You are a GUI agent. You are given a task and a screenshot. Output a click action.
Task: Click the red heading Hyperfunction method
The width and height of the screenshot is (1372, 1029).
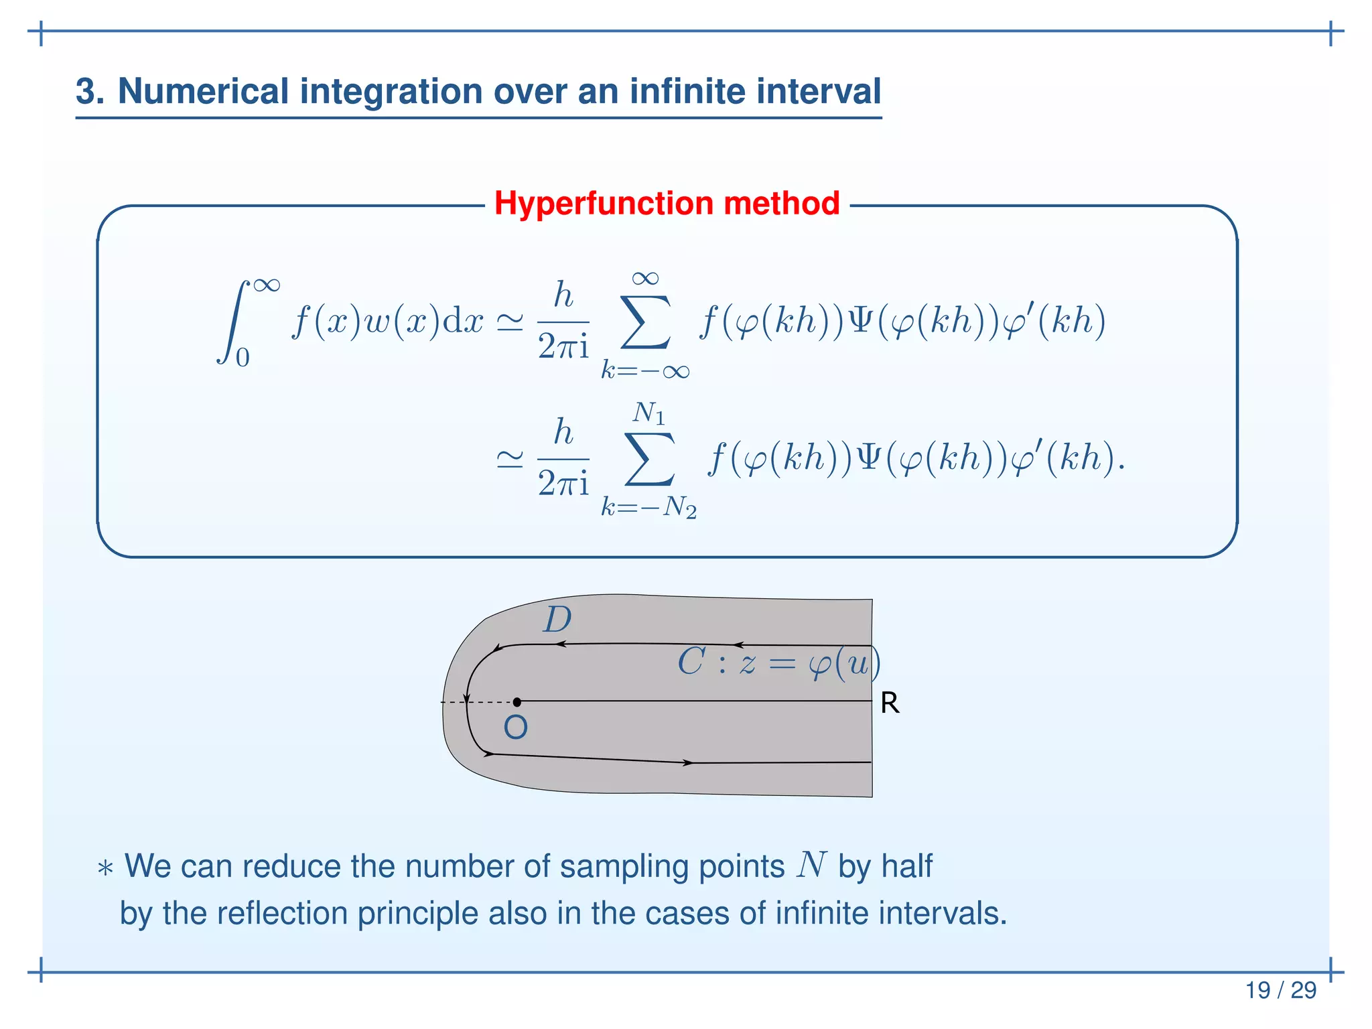[x=667, y=203]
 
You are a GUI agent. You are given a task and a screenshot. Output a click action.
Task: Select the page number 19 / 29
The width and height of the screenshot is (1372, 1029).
[x=1280, y=989]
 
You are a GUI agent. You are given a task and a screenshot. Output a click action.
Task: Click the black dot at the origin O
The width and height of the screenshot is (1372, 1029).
[x=517, y=702]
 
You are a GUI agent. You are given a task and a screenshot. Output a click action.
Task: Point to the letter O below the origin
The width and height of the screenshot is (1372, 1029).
[x=515, y=728]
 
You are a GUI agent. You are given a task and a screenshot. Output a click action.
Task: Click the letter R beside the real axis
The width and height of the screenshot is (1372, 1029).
[x=890, y=703]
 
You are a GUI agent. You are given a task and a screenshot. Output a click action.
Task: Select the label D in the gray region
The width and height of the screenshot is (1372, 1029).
[x=557, y=620]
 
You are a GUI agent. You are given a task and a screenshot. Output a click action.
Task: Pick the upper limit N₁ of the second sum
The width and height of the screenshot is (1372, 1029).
[x=648, y=413]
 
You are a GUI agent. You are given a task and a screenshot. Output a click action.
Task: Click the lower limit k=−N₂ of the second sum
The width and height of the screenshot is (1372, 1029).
[x=648, y=508]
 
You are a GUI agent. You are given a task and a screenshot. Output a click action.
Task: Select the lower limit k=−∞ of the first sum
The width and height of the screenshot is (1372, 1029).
[x=645, y=370]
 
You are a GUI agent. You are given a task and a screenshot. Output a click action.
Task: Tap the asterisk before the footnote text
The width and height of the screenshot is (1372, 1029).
[x=105, y=870]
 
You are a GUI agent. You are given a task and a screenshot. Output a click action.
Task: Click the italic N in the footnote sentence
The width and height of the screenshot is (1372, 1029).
[x=811, y=865]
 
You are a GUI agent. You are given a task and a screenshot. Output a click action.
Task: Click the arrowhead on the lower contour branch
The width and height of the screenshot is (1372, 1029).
[x=687, y=762]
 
